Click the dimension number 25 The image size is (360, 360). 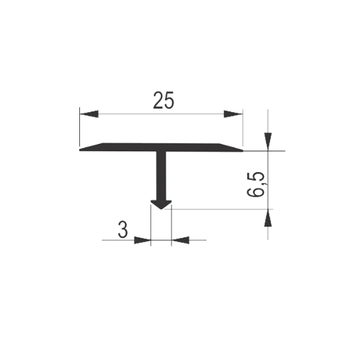[x=164, y=100]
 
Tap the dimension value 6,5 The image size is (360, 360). [x=255, y=185]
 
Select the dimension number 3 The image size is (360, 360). [x=122, y=230]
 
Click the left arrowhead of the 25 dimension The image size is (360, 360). [x=89, y=114]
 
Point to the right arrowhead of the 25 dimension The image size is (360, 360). [x=233, y=114]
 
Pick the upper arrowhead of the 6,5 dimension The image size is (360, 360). [x=268, y=141]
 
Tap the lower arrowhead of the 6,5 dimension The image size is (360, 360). [x=268, y=218]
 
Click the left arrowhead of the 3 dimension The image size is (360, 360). [x=142, y=240]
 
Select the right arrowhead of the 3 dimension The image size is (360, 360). [x=180, y=240]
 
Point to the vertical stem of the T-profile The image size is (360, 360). [x=161, y=176]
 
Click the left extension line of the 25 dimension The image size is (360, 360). [x=80, y=127]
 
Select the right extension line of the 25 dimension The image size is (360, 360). [x=243, y=128]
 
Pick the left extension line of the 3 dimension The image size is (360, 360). [x=151, y=225]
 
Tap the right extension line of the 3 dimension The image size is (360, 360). [x=171, y=225]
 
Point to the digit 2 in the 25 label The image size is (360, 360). [x=158, y=100]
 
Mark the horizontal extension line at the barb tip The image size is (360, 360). [x=219, y=209]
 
